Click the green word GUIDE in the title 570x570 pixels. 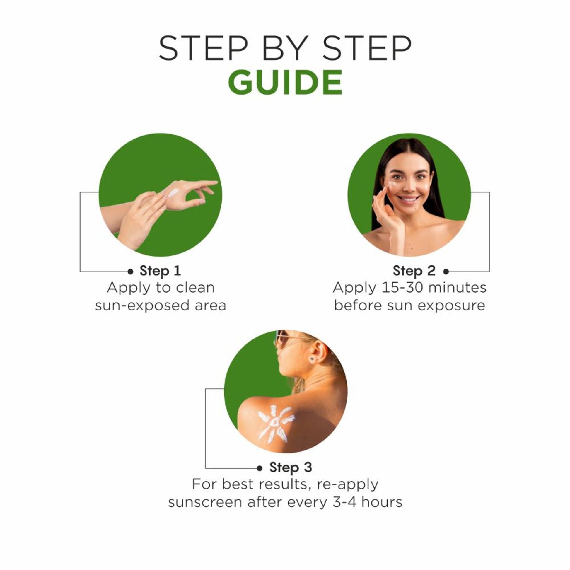click(x=285, y=82)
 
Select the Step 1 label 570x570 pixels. click(x=160, y=271)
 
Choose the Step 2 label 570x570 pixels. click(x=414, y=271)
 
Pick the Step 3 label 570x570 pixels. click(x=291, y=467)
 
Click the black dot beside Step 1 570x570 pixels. click(x=130, y=272)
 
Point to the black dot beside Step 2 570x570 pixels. click(x=446, y=272)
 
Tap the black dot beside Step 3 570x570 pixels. click(x=260, y=468)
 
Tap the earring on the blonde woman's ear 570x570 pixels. click(x=312, y=359)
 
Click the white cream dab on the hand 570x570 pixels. click(x=173, y=193)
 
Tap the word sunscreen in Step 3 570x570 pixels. click(x=205, y=502)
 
